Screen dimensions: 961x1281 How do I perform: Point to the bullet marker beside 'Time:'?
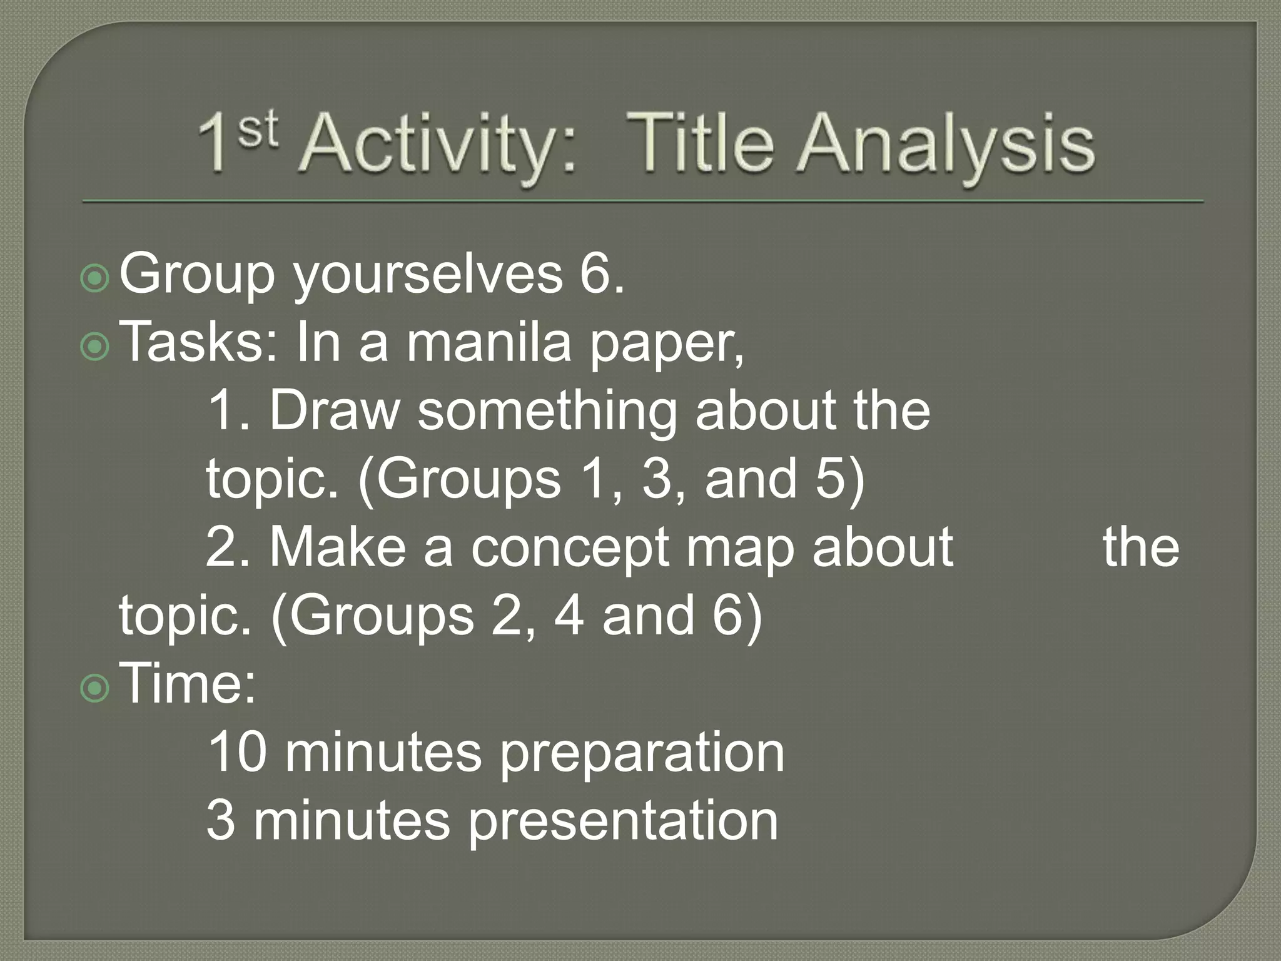pos(95,688)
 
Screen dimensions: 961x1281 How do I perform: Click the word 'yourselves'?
pos(428,275)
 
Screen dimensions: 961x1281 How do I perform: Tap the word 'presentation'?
pos(623,822)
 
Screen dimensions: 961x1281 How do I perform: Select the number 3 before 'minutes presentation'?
pos(220,821)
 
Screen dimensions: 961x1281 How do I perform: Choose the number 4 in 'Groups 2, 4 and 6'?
pos(569,616)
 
